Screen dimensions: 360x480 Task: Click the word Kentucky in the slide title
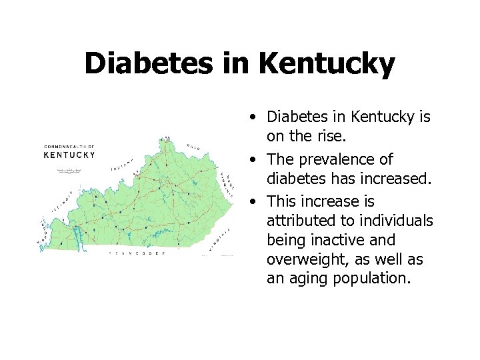(327, 64)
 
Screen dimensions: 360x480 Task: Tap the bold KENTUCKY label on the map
(69, 155)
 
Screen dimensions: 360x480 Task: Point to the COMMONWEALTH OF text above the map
(69, 146)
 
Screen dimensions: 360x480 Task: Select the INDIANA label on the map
(123, 165)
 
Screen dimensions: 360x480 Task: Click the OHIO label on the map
(193, 147)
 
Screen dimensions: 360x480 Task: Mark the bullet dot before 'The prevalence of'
(255, 160)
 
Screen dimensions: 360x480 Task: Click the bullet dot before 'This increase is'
(255, 201)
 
